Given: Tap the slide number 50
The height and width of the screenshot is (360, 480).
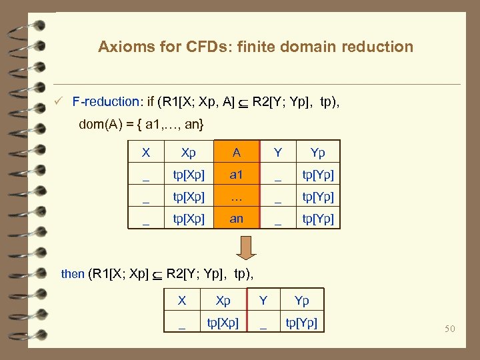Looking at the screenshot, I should pyautogui.click(x=449, y=329).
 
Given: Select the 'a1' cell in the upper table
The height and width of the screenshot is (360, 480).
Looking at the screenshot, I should pyautogui.click(x=237, y=175).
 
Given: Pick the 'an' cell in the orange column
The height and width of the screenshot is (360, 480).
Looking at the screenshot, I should pyautogui.click(x=237, y=219).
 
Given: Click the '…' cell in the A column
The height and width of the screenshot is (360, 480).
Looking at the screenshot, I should pyautogui.click(x=237, y=197).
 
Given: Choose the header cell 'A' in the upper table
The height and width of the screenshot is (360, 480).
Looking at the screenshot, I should pyautogui.click(x=237, y=153).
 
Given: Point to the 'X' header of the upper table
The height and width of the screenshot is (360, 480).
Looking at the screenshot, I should pyautogui.click(x=146, y=153).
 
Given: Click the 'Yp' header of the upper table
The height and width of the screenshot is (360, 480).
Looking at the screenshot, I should pyautogui.click(x=318, y=153).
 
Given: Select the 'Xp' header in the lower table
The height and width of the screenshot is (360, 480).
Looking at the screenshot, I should pyautogui.click(x=223, y=301).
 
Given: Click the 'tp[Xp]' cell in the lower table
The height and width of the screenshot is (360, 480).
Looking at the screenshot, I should pyautogui.click(x=223, y=323).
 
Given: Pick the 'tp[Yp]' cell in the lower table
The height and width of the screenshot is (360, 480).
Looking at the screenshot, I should pyautogui.click(x=301, y=323).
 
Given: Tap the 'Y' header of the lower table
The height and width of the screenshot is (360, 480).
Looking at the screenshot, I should pyautogui.click(x=263, y=301).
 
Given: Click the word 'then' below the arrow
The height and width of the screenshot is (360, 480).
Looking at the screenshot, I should pyautogui.click(x=73, y=273).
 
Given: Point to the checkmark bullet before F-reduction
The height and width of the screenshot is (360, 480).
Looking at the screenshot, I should pyautogui.click(x=59, y=102).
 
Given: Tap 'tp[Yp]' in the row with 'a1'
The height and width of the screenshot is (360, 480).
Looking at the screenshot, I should pyautogui.click(x=318, y=175).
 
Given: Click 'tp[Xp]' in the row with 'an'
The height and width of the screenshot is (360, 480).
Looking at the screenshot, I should pyautogui.click(x=189, y=219).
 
